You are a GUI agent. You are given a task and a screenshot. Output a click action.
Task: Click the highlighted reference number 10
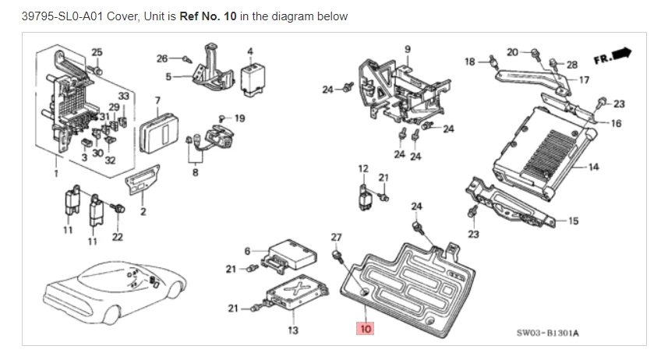point(366,329)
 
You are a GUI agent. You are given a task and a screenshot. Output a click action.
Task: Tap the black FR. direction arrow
point(620,54)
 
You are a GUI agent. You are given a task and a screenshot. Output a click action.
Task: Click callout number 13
point(292,330)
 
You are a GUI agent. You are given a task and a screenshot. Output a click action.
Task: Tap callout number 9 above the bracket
point(406,50)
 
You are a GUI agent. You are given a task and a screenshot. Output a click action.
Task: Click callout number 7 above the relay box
point(157,100)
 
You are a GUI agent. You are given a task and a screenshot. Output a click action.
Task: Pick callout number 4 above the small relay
point(250,52)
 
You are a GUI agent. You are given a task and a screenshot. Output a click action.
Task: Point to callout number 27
point(336,236)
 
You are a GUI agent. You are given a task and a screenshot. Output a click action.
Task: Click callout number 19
point(239,118)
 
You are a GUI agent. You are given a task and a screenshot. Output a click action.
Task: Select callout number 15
point(574,221)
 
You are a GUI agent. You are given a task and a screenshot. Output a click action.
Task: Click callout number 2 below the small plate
point(143,212)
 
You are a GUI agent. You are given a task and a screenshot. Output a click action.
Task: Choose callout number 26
point(162,58)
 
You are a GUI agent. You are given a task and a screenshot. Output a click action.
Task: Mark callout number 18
point(469,60)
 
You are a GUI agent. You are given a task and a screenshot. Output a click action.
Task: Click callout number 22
point(117,237)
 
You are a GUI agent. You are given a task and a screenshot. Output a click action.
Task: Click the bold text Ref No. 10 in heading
point(208,16)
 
